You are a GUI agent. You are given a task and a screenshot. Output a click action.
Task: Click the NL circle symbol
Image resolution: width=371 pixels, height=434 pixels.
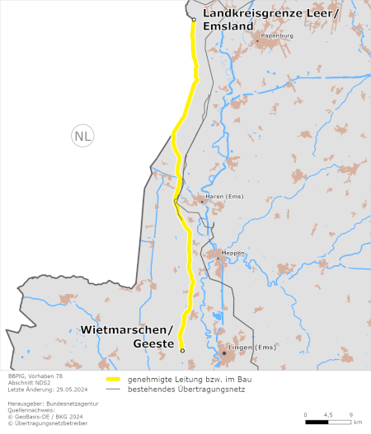[x=82, y=137]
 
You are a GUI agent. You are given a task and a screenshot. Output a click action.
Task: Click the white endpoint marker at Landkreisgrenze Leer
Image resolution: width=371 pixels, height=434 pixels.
[x=193, y=19]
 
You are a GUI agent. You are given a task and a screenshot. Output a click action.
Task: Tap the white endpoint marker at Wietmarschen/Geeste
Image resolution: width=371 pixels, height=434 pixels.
[x=182, y=351]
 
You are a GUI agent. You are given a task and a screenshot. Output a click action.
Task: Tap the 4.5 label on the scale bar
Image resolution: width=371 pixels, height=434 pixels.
[x=328, y=414]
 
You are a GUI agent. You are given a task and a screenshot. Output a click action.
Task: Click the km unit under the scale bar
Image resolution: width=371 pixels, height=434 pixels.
[x=357, y=422]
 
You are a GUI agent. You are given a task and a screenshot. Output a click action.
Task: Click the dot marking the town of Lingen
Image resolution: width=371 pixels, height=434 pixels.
[x=223, y=353]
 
